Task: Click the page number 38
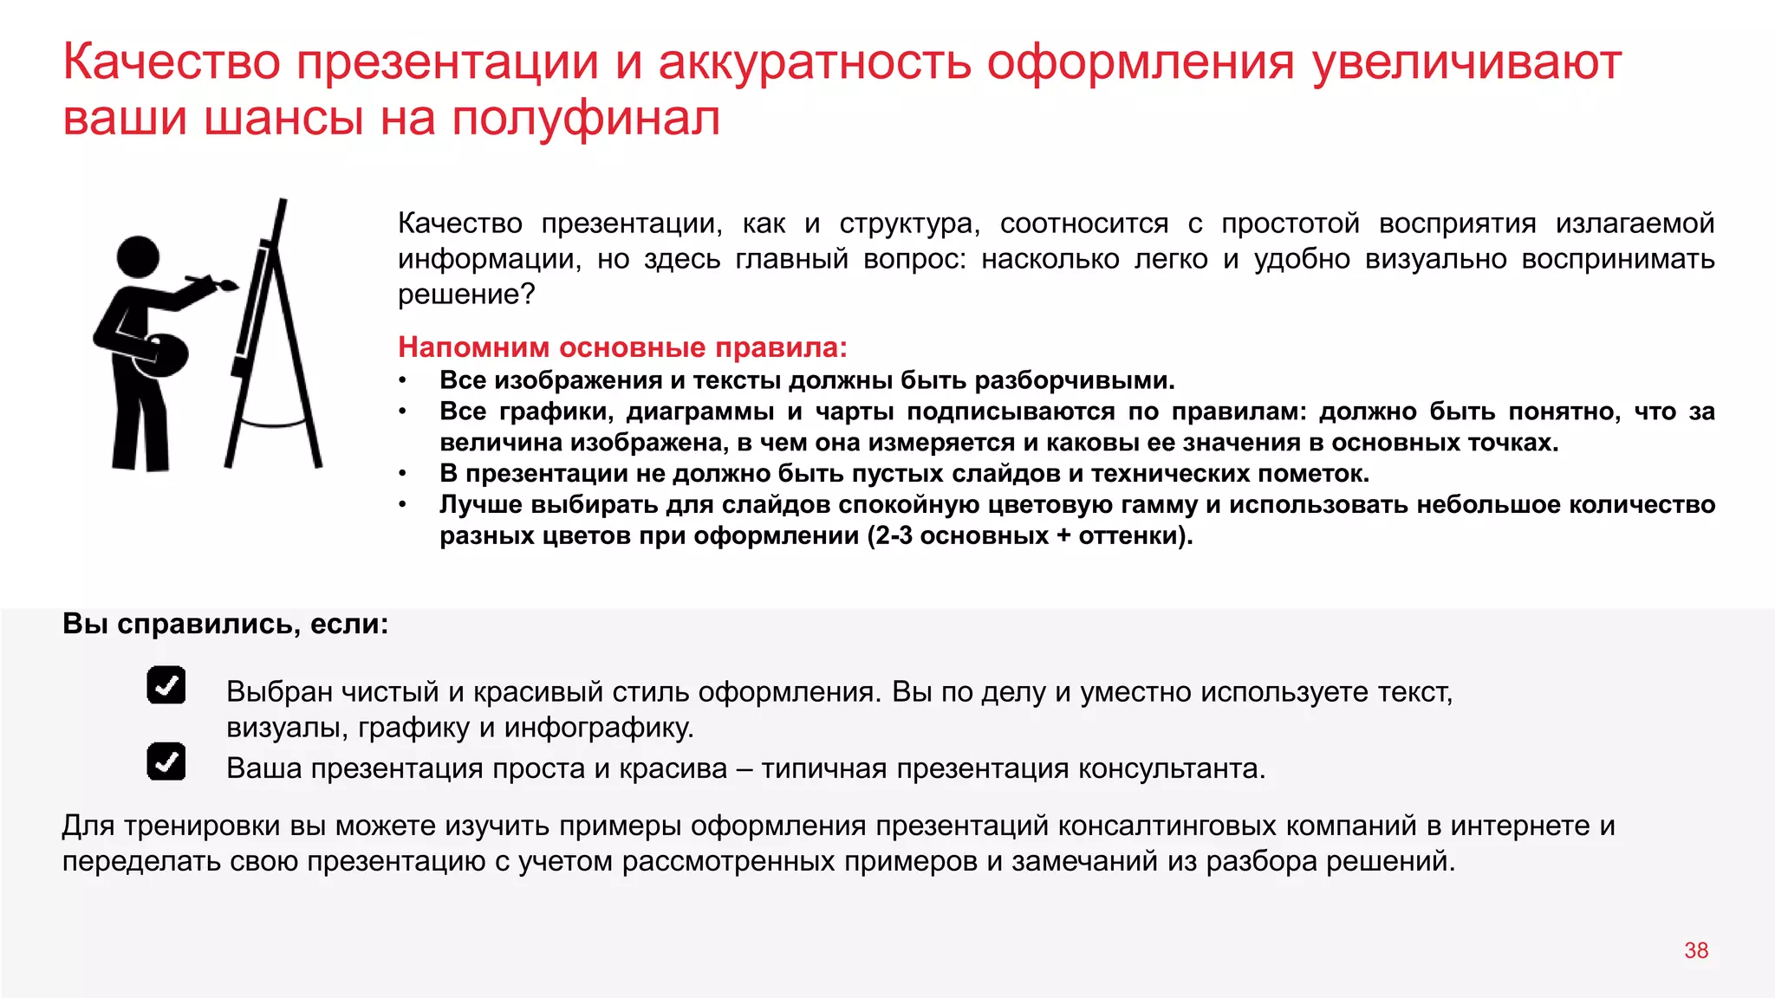coord(1695,950)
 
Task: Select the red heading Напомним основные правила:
coord(622,347)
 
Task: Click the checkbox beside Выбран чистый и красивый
coord(166,685)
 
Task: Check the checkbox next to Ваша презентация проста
coord(166,761)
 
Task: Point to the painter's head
coord(139,257)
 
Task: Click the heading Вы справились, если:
coord(225,624)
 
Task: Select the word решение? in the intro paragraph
coord(466,295)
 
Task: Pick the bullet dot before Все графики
coord(402,412)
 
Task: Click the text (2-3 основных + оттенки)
coord(1030,535)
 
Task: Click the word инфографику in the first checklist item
coord(599,728)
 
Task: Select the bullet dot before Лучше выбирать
coord(402,505)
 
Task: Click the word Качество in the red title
coord(172,62)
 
